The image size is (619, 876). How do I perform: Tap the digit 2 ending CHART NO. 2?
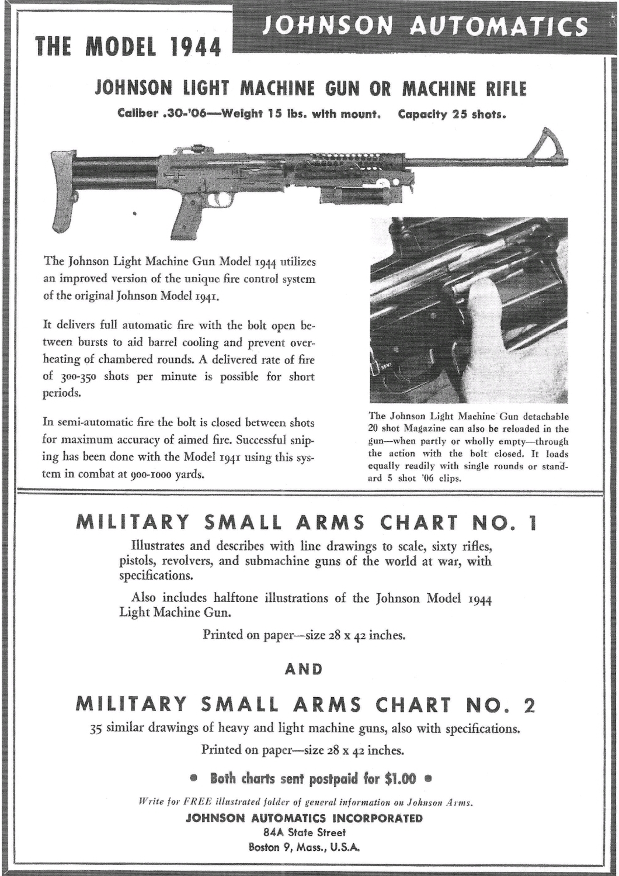[529, 705]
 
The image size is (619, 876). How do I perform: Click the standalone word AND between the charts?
[303, 669]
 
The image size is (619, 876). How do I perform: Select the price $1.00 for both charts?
[401, 778]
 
